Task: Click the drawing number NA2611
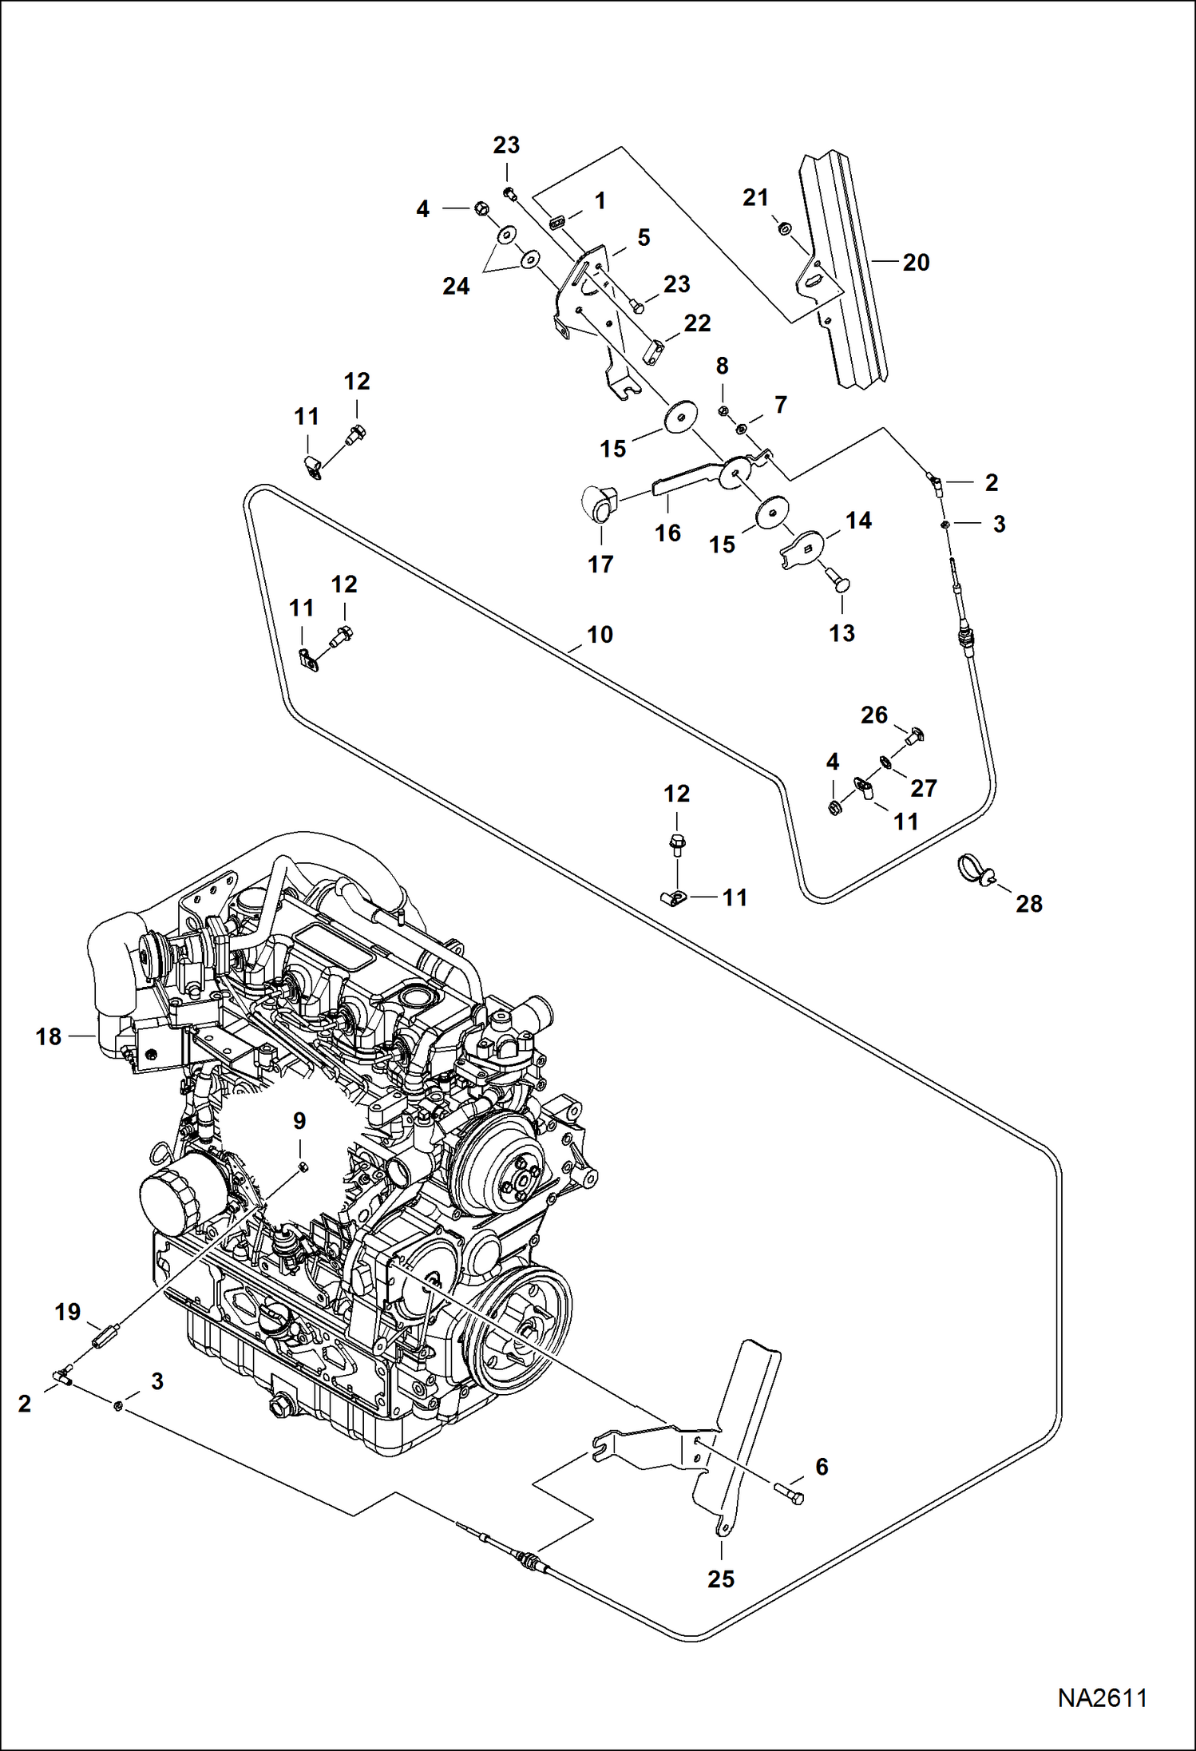click(x=1102, y=1698)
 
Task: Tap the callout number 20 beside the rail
click(x=916, y=263)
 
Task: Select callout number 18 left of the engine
click(x=48, y=1036)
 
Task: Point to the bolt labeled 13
click(x=840, y=585)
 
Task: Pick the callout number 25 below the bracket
click(x=720, y=1579)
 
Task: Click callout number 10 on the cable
click(x=600, y=635)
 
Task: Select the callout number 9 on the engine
click(x=299, y=1121)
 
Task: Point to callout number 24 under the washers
click(x=456, y=287)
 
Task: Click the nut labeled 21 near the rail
click(x=785, y=229)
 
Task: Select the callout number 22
click(x=697, y=323)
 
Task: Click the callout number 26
click(x=873, y=715)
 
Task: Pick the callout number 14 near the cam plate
click(x=858, y=521)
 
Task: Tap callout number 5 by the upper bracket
click(x=644, y=237)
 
